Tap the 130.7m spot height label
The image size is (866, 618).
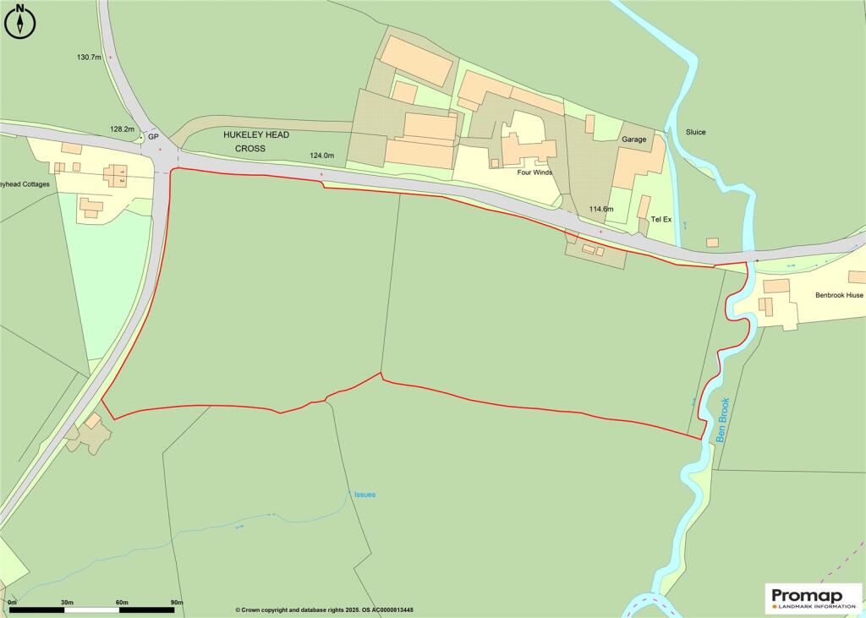point(89,57)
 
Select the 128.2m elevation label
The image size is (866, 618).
point(123,129)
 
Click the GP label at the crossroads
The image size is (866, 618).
point(153,136)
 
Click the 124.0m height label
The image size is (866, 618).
point(322,156)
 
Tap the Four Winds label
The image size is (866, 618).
point(535,172)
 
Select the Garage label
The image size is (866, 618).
point(633,139)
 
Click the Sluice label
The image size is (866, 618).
point(696,133)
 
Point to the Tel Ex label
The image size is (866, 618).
point(660,220)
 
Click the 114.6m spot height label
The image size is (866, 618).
point(601,208)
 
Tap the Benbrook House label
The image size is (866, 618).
point(839,296)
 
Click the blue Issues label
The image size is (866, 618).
point(364,495)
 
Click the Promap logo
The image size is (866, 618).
point(813,599)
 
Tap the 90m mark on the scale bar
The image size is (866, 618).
point(177,602)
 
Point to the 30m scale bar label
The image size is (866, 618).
point(67,602)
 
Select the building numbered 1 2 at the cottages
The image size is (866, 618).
point(115,176)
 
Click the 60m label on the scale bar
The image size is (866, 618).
point(123,602)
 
